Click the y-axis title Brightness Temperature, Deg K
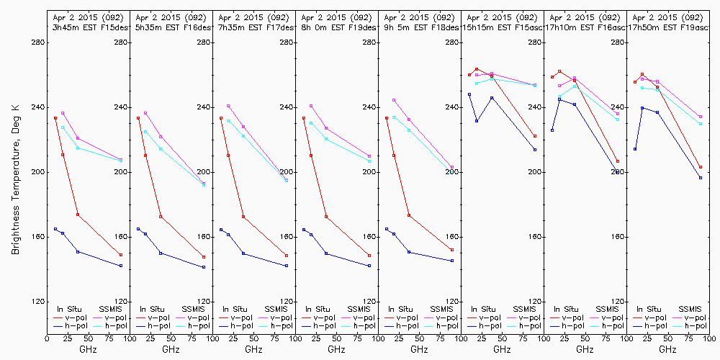pyautogui.click(x=15, y=172)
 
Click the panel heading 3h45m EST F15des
pyautogui.click(x=87, y=27)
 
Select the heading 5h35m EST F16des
pyautogui.click(x=171, y=27)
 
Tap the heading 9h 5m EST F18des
pyautogui.click(x=419, y=27)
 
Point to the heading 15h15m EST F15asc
pyautogui.click(x=502, y=27)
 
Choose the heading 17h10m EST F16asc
pyautogui.click(x=585, y=27)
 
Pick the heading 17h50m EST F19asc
pyautogui.click(x=667, y=27)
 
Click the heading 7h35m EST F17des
pyautogui.click(x=253, y=27)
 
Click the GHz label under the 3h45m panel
pyautogui.click(x=88, y=349)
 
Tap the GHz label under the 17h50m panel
pyautogui.click(x=667, y=349)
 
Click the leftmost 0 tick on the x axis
pyautogui.click(x=47, y=337)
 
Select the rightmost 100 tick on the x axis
pyautogui.click(x=709, y=337)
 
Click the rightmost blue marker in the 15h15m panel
pyautogui.click(x=535, y=150)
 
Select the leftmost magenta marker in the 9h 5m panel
pyautogui.click(x=394, y=100)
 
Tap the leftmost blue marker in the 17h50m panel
pyautogui.click(x=634, y=149)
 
